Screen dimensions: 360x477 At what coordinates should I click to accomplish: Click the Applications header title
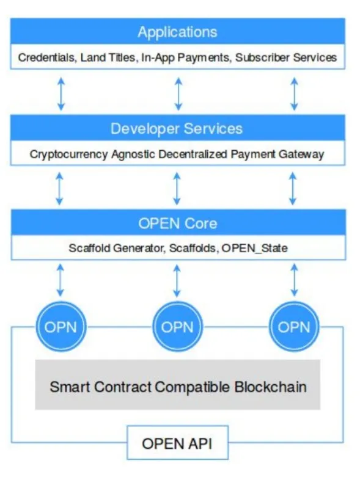[177, 32]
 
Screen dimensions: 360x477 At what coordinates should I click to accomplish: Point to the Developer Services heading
[177, 129]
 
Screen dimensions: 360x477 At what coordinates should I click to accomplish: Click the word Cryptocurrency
[68, 155]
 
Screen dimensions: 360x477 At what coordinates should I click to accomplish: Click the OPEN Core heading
[178, 224]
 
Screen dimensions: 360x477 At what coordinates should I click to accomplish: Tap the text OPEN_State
[254, 248]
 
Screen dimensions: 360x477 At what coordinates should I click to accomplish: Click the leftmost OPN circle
[61, 327]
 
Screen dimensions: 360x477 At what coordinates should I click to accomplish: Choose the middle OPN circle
[177, 327]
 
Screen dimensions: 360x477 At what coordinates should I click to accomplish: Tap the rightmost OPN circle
[293, 327]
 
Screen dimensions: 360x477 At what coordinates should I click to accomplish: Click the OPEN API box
[177, 443]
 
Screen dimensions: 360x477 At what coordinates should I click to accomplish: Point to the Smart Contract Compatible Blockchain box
[177, 385]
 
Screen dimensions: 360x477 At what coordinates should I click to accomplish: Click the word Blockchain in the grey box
[271, 387]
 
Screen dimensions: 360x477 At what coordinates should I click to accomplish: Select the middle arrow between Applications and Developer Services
[178, 93]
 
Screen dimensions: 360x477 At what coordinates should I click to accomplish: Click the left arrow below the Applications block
[61, 93]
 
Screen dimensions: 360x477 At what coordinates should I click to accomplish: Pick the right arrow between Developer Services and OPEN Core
[292, 189]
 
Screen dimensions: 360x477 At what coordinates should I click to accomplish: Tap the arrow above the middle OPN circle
[177, 280]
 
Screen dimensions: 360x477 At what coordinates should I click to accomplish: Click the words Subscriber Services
[286, 57]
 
